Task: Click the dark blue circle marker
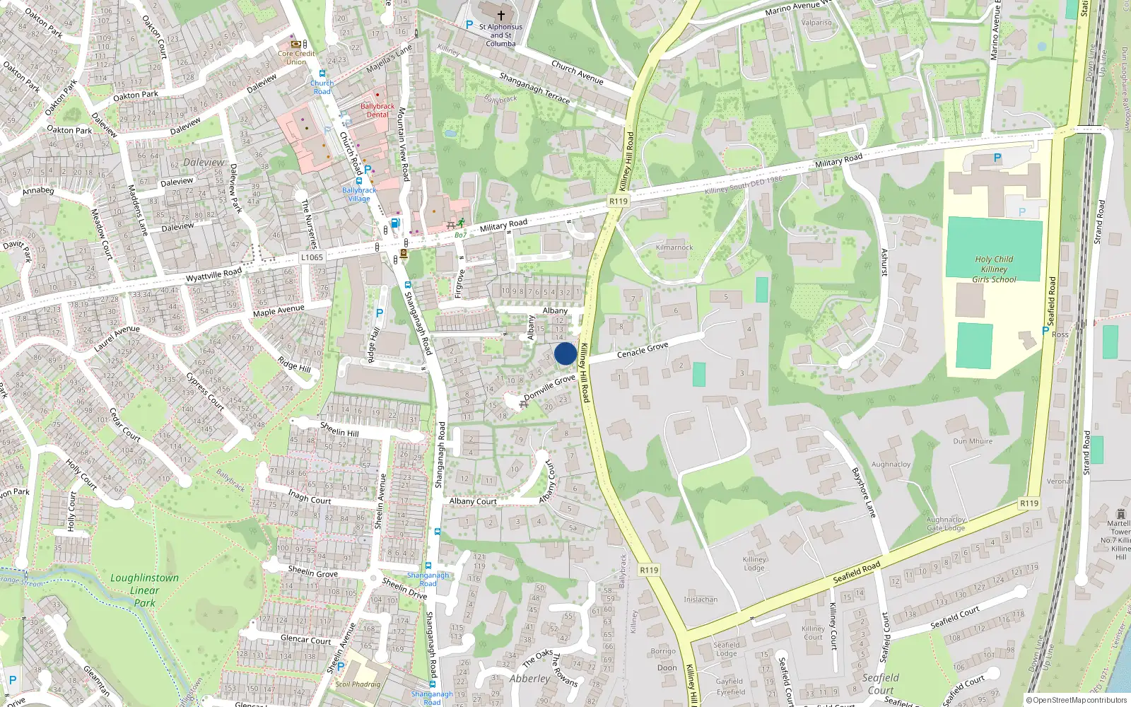click(565, 353)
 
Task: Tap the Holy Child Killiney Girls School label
click(994, 269)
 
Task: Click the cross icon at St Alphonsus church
click(501, 15)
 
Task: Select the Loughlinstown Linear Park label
click(145, 590)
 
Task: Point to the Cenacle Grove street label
click(643, 350)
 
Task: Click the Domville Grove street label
click(549, 387)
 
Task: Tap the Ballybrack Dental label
click(377, 110)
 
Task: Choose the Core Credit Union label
click(296, 57)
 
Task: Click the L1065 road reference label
click(311, 257)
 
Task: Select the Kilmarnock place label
click(674, 247)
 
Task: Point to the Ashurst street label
click(884, 262)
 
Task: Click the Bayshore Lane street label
click(864, 493)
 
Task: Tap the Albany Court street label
click(473, 501)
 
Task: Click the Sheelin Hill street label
click(339, 429)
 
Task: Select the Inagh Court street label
click(310, 496)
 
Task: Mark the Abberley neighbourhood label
click(529, 679)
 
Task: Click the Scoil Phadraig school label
click(358, 684)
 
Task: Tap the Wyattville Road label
click(213, 274)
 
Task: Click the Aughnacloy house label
click(891, 464)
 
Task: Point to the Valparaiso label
click(816, 23)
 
